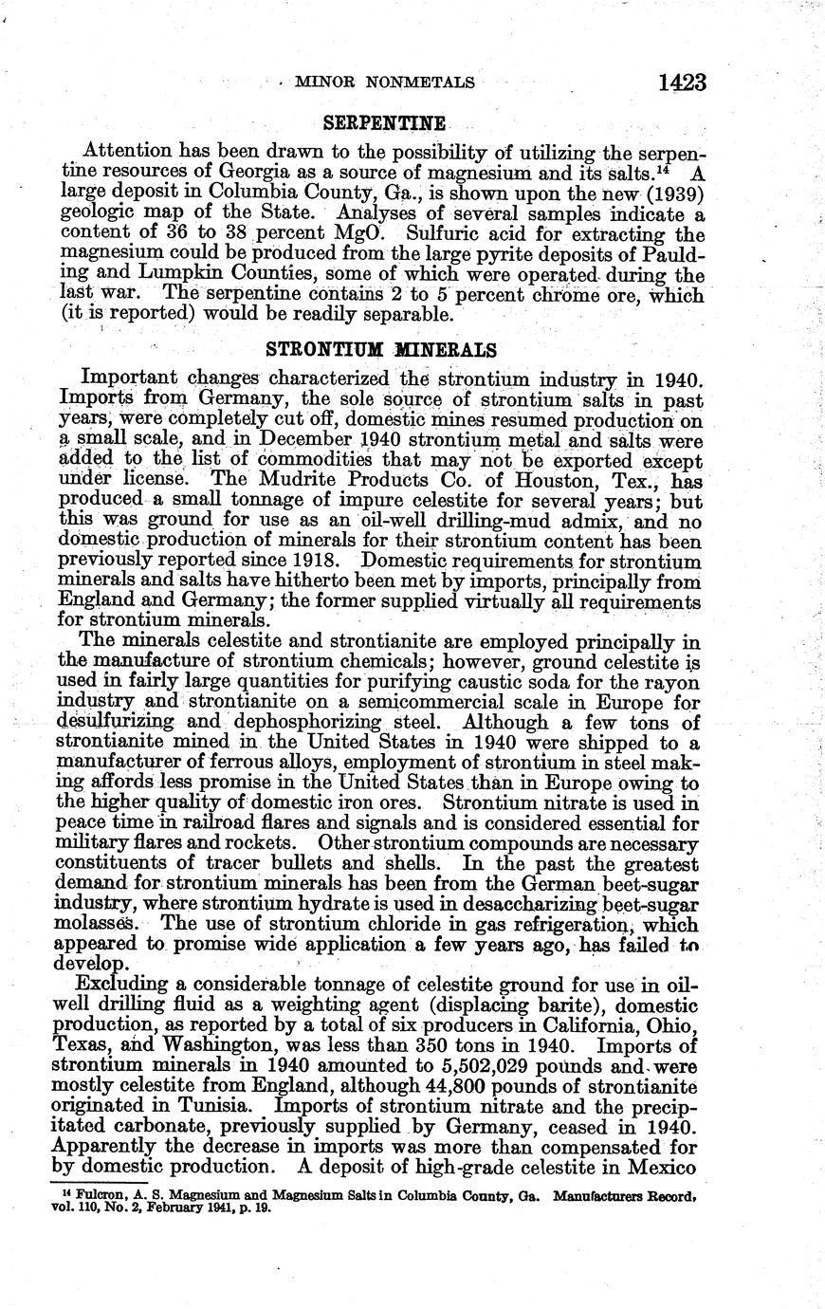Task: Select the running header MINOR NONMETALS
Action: [x=384, y=83]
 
